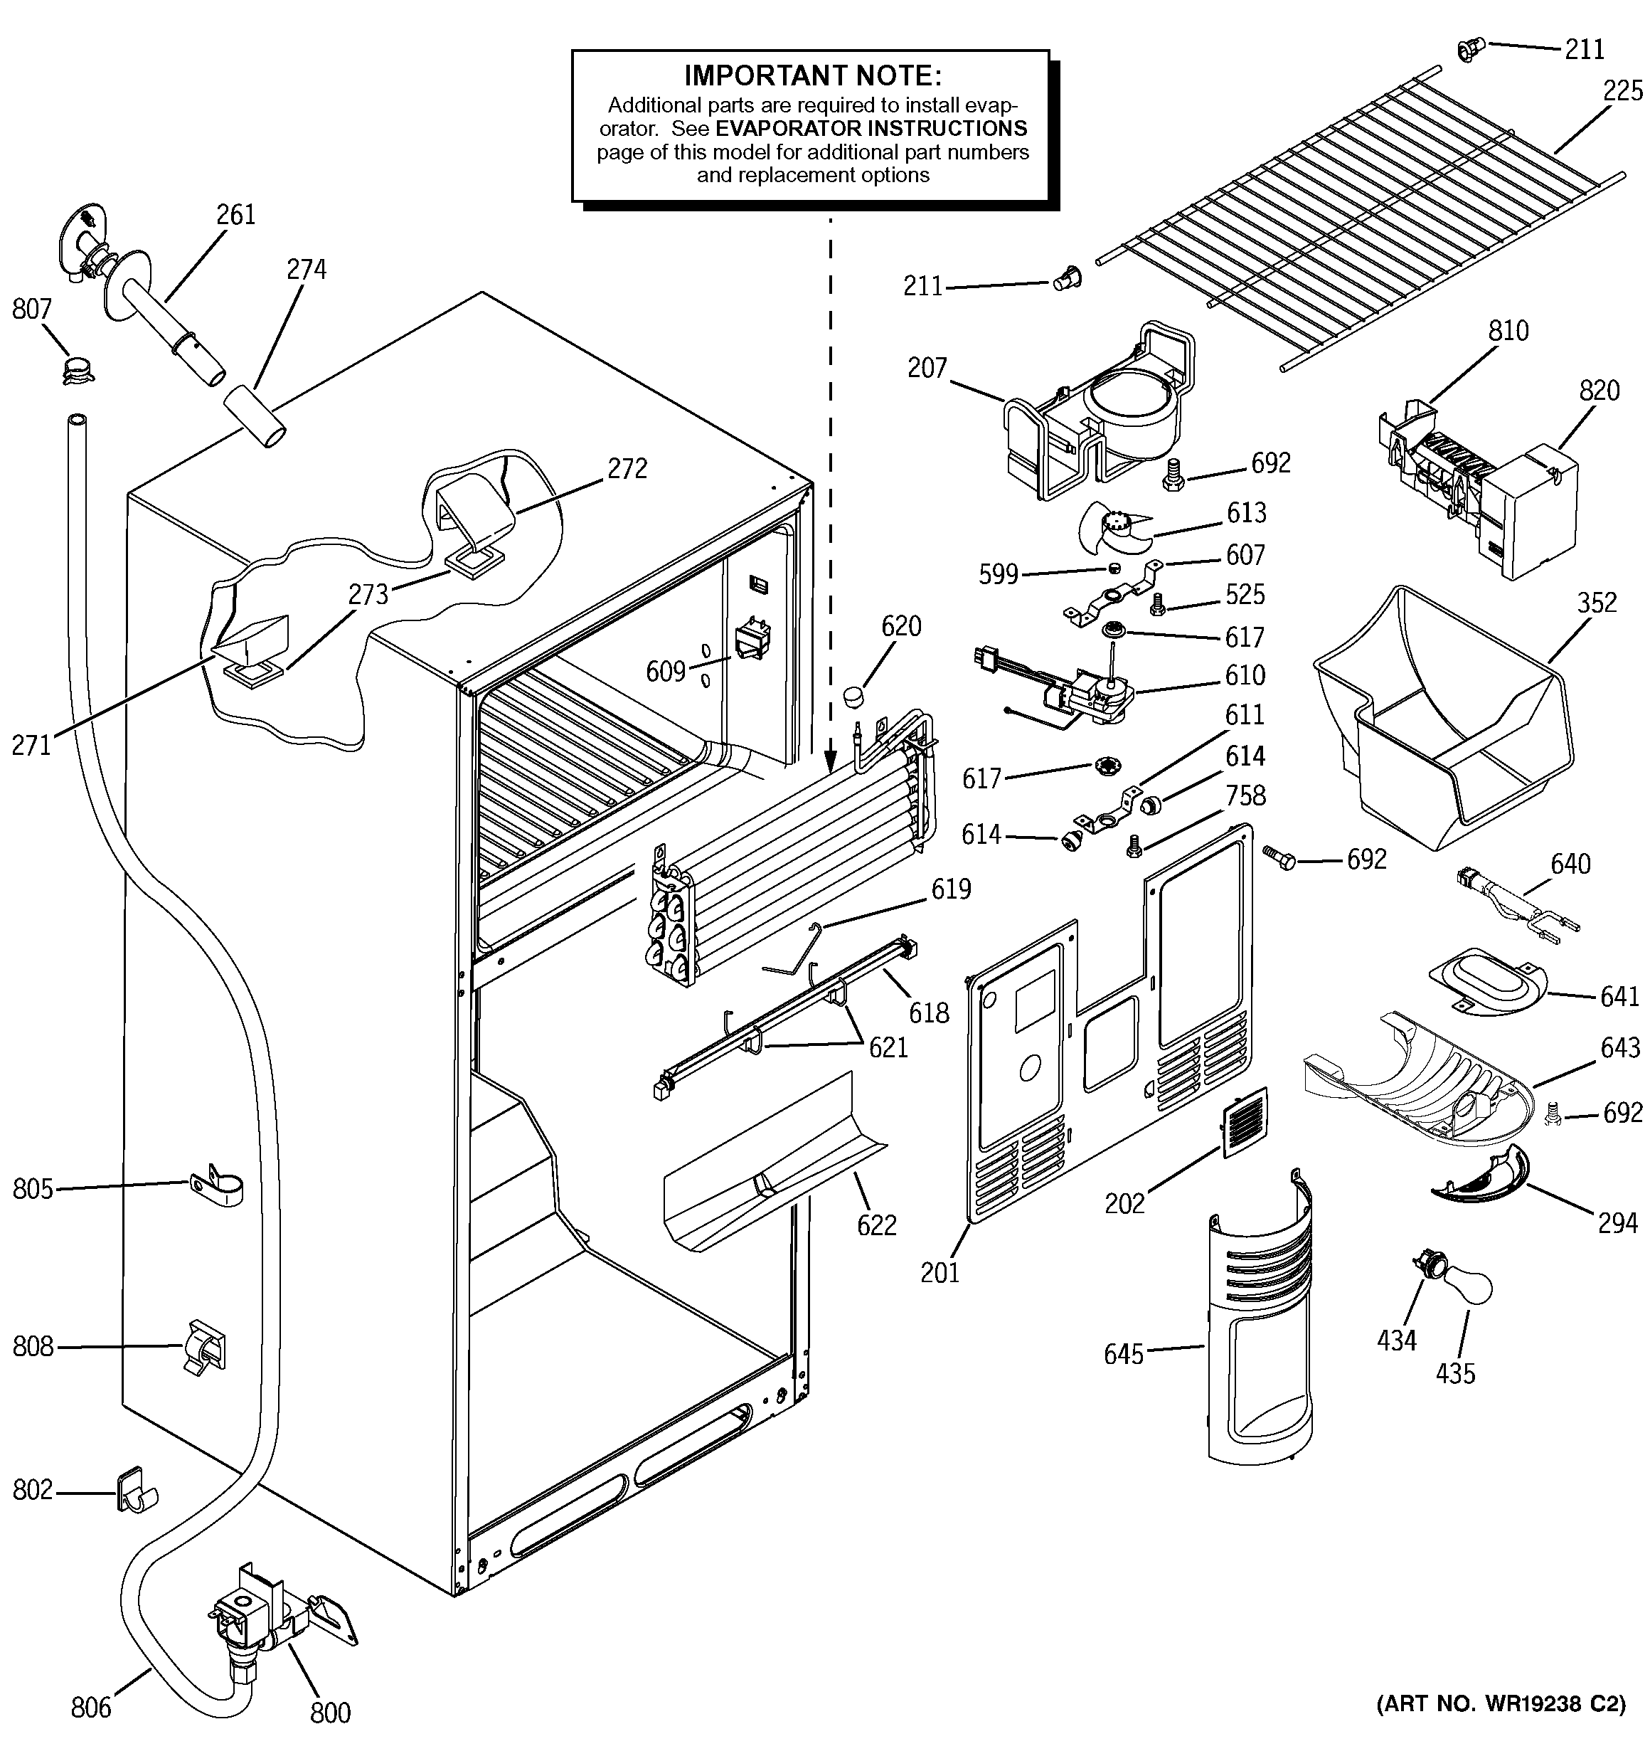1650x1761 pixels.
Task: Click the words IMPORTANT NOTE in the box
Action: coord(812,75)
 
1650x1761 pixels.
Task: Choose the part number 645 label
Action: coord(1124,1353)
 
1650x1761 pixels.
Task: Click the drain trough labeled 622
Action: coord(776,1160)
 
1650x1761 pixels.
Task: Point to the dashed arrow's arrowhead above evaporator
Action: coord(831,760)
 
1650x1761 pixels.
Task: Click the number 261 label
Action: coord(235,214)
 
